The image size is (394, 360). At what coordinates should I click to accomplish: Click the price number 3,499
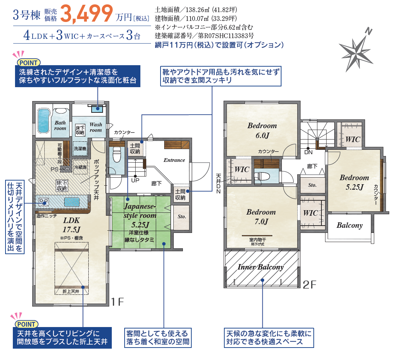[86, 14]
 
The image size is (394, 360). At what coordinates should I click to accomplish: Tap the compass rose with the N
[356, 51]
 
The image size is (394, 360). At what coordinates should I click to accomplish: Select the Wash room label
[96, 127]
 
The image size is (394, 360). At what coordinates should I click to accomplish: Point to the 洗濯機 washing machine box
[80, 149]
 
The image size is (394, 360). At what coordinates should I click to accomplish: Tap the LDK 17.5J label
[71, 225]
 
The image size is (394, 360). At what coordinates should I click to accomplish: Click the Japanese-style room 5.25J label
[140, 215]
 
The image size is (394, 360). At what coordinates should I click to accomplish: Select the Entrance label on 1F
[174, 160]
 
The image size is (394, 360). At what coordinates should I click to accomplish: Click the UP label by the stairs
[135, 180]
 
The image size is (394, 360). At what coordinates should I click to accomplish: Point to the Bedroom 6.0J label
[262, 130]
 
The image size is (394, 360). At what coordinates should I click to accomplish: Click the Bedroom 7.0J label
[261, 217]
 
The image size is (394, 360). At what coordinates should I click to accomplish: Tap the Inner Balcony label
[261, 267]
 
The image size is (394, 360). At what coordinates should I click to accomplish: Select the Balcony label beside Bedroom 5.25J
[350, 226]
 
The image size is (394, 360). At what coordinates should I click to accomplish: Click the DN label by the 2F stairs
[309, 152]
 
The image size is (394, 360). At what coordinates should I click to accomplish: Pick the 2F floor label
[309, 285]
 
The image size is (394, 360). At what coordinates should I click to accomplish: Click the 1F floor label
[118, 302]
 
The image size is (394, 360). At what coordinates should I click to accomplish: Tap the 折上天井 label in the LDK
[71, 292]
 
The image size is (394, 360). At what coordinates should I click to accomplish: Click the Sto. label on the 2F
[312, 185]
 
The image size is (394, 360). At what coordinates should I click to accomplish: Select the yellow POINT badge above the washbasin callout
[29, 63]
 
